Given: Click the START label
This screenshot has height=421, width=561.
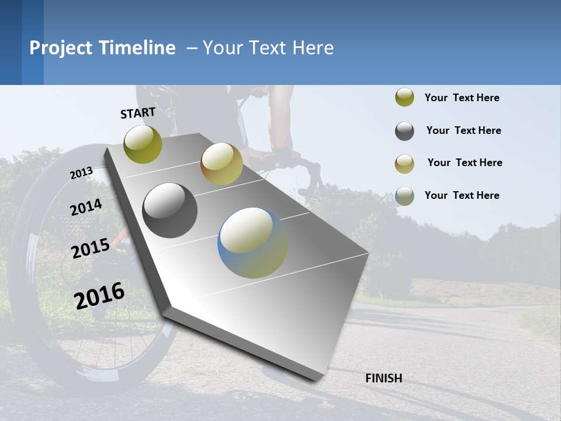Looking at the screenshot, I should point(138,113).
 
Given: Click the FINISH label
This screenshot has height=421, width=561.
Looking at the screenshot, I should point(383,378).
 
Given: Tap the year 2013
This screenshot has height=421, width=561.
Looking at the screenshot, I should point(81,173).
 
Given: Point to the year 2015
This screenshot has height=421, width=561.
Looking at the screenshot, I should point(91,249).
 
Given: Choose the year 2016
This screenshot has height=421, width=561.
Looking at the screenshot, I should point(99,295).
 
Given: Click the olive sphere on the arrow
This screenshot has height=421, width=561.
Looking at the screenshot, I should point(143,144).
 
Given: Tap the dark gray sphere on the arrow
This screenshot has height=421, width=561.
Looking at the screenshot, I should point(170,210).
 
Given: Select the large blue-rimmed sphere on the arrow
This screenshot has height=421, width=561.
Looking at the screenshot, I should point(252,243).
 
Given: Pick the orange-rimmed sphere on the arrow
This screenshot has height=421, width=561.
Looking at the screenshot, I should point(221,164).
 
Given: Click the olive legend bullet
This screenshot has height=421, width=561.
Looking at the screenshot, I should point(404,98).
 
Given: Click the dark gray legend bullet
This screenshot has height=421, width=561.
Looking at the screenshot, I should point(404,131).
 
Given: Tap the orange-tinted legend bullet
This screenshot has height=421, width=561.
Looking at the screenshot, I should point(404,163).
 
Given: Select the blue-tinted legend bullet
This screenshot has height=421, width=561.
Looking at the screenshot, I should point(404,196).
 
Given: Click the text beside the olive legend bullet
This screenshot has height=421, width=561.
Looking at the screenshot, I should point(462,98).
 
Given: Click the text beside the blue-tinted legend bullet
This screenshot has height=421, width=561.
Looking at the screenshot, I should point(462,195).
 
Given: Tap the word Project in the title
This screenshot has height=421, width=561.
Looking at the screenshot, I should point(61,48).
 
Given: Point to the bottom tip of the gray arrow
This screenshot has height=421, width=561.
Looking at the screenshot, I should point(316,379).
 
